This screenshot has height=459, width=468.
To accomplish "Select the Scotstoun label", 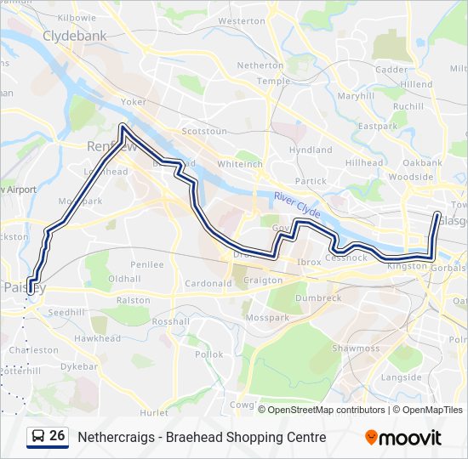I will pyautogui.click(x=204, y=132).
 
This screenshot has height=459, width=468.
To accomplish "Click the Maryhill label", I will pyautogui.click(x=356, y=96).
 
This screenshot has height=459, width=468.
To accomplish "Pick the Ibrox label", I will pyautogui.click(x=310, y=262).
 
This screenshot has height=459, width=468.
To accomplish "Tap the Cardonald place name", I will pyautogui.click(x=208, y=283).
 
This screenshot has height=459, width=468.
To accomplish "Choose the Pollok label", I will pyautogui.click(x=208, y=354).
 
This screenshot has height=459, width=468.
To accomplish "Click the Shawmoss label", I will pyautogui.click(x=356, y=348).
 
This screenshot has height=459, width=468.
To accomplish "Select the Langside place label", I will pyautogui.click(x=402, y=377).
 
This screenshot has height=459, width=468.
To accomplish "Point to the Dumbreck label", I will pyautogui.click(x=318, y=298).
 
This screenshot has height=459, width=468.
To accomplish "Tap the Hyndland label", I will pyautogui.click(x=310, y=150).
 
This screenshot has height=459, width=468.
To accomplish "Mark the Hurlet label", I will pyautogui.click(x=154, y=412).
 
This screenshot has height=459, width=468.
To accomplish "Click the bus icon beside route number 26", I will pyautogui.click(x=38, y=437).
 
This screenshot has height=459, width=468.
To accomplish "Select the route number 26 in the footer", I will pyautogui.click(x=57, y=436).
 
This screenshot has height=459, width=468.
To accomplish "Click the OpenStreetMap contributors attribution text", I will pyautogui.click(x=326, y=410).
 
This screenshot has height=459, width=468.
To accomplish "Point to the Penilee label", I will pyautogui.click(x=147, y=264).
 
